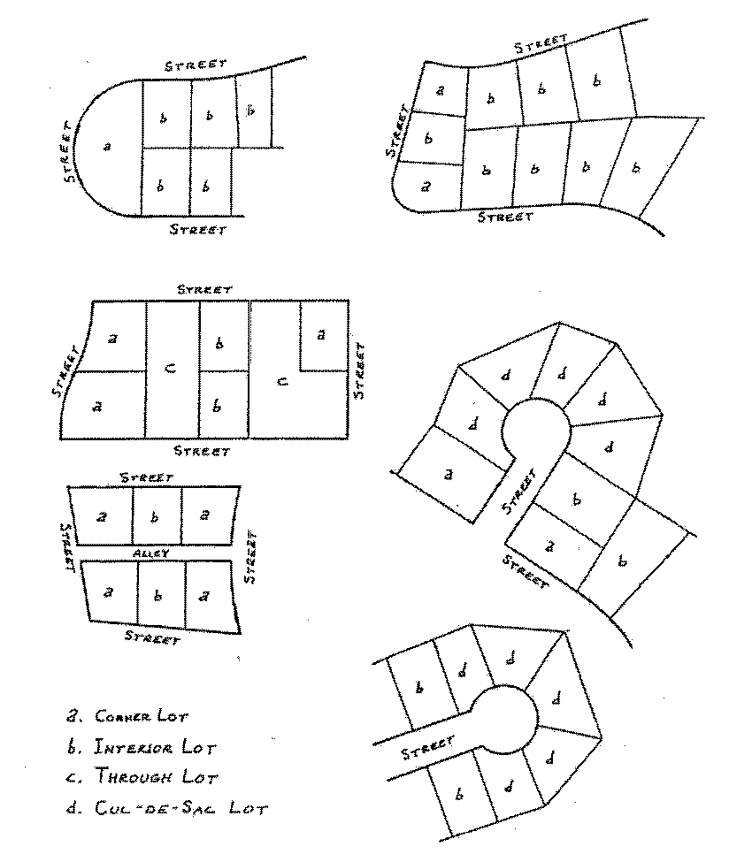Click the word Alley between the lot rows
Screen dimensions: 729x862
151,553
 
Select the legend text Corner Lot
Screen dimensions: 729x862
142,717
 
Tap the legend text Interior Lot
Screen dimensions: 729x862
155,748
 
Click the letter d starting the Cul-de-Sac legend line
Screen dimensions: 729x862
72,807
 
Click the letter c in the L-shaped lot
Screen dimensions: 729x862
281,380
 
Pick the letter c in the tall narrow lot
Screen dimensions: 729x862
171,368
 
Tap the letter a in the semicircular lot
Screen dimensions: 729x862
107,146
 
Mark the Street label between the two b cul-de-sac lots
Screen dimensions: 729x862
428,748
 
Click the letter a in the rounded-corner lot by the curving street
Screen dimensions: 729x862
426,187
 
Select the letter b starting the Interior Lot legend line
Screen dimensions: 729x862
72,747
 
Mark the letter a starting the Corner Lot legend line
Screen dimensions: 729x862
72,717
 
